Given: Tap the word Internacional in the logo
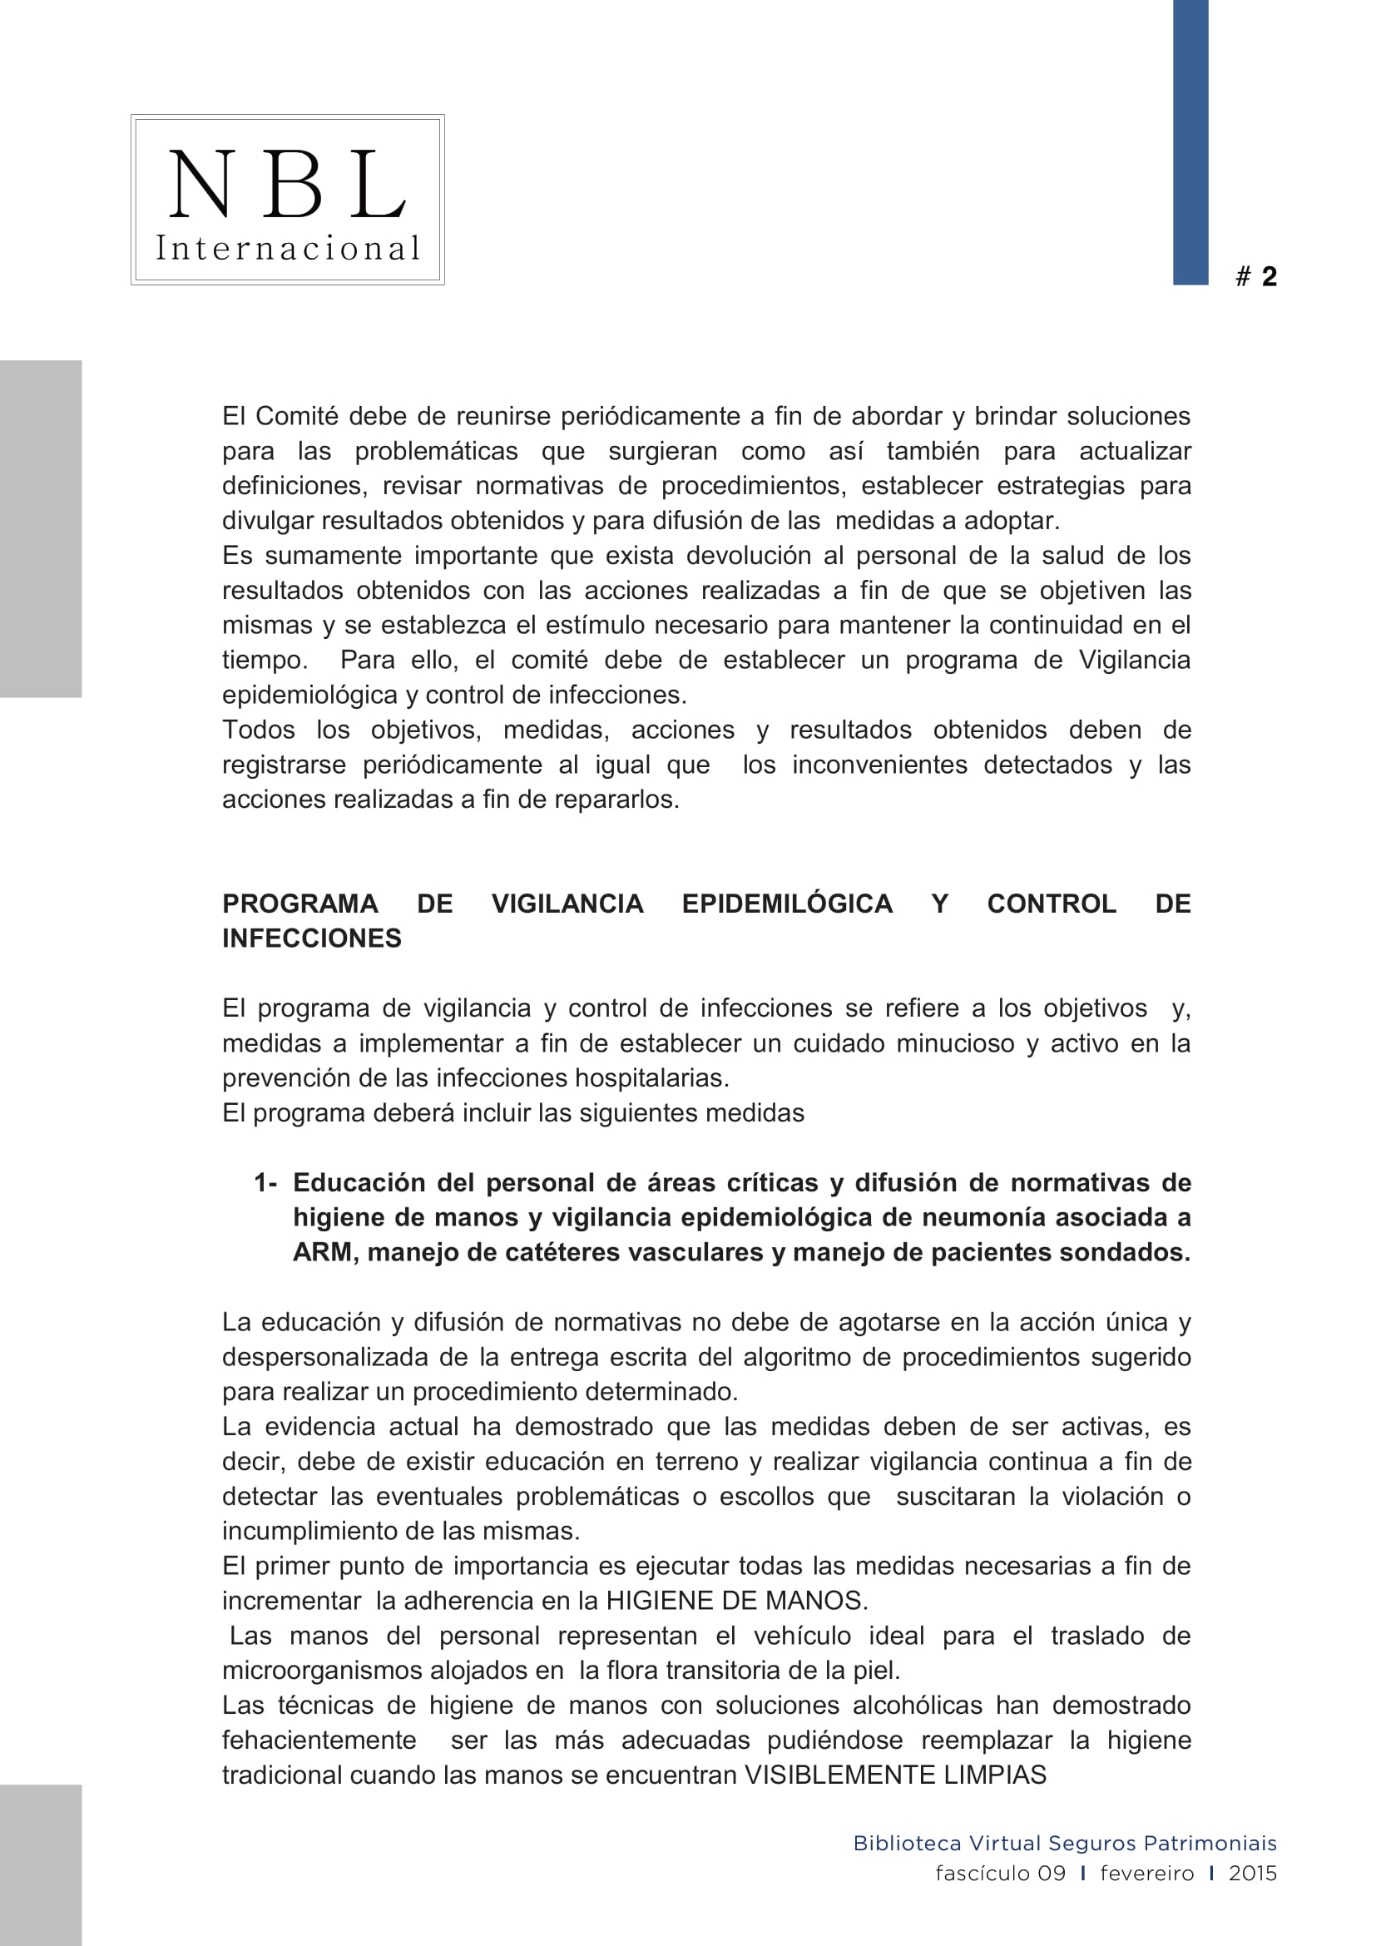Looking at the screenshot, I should (x=287, y=248).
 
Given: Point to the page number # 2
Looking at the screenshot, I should (x=1256, y=276).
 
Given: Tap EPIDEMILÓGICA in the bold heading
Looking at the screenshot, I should (x=787, y=904).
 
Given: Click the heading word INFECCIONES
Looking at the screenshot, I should (x=312, y=938).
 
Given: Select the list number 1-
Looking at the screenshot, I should (x=265, y=1182).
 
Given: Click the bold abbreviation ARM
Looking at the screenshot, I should (x=324, y=1252).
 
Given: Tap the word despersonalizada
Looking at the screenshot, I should (x=325, y=1357).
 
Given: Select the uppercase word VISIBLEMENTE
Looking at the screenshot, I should (x=839, y=1774).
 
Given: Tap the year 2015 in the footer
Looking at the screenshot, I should (x=1252, y=1873).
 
